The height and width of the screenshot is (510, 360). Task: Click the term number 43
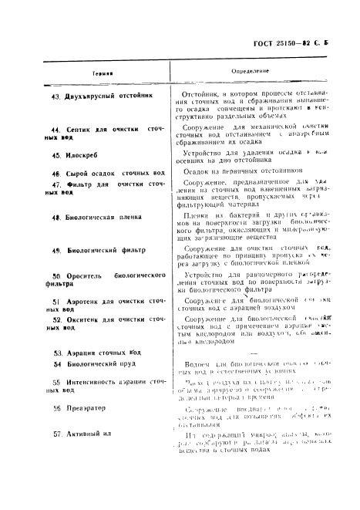click(x=55, y=96)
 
